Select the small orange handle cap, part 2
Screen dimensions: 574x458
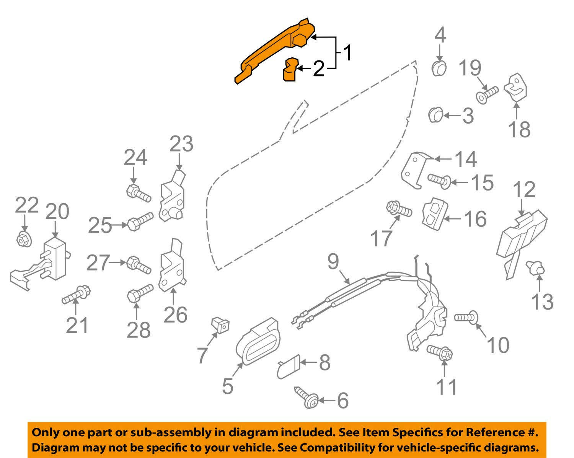coord(290,70)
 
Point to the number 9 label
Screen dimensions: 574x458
coord(333,262)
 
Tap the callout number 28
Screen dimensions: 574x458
coord(139,330)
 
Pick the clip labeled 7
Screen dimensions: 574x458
coord(221,326)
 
